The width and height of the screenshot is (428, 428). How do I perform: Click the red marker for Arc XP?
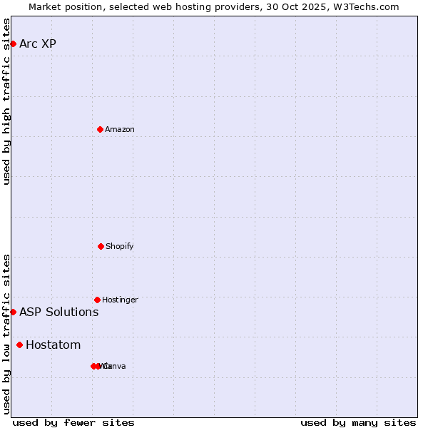pyautogui.click(x=13, y=44)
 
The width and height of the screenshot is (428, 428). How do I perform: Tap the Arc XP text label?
pyautogui.click(x=38, y=44)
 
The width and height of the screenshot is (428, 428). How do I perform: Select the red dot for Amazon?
pyautogui.click(x=100, y=129)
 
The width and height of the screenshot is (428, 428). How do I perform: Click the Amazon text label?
pyautogui.click(x=120, y=129)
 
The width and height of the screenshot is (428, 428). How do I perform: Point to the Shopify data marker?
pyautogui.click(x=101, y=246)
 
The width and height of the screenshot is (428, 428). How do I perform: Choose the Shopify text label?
pyautogui.click(x=120, y=246)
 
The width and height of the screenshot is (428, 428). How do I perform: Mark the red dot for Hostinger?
pyautogui.click(x=97, y=300)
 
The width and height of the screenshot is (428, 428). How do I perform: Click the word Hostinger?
pyautogui.click(x=120, y=300)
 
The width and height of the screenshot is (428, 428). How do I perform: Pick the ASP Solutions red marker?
pyautogui.click(x=13, y=312)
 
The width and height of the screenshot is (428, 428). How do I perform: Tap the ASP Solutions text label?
pyautogui.click(x=58, y=312)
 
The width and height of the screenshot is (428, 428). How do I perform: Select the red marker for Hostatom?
pyautogui.click(x=19, y=345)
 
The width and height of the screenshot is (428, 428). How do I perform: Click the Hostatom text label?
pyautogui.click(x=53, y=345)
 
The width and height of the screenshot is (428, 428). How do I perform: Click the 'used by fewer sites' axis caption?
pyautogui.click(x=73, y=422)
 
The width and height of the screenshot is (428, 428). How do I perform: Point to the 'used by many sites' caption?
pyautogui.click(x=358, y=422)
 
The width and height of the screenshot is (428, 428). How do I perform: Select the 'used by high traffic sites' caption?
pyautogui.click(x=6, y=101)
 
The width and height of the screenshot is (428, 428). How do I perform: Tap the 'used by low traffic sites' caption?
pyautogui.click(x=6, y=334)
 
